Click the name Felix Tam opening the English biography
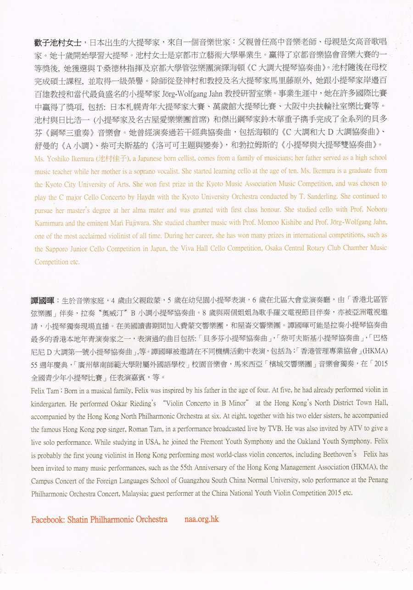coord(46,390)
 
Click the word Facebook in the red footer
coord(48,520)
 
